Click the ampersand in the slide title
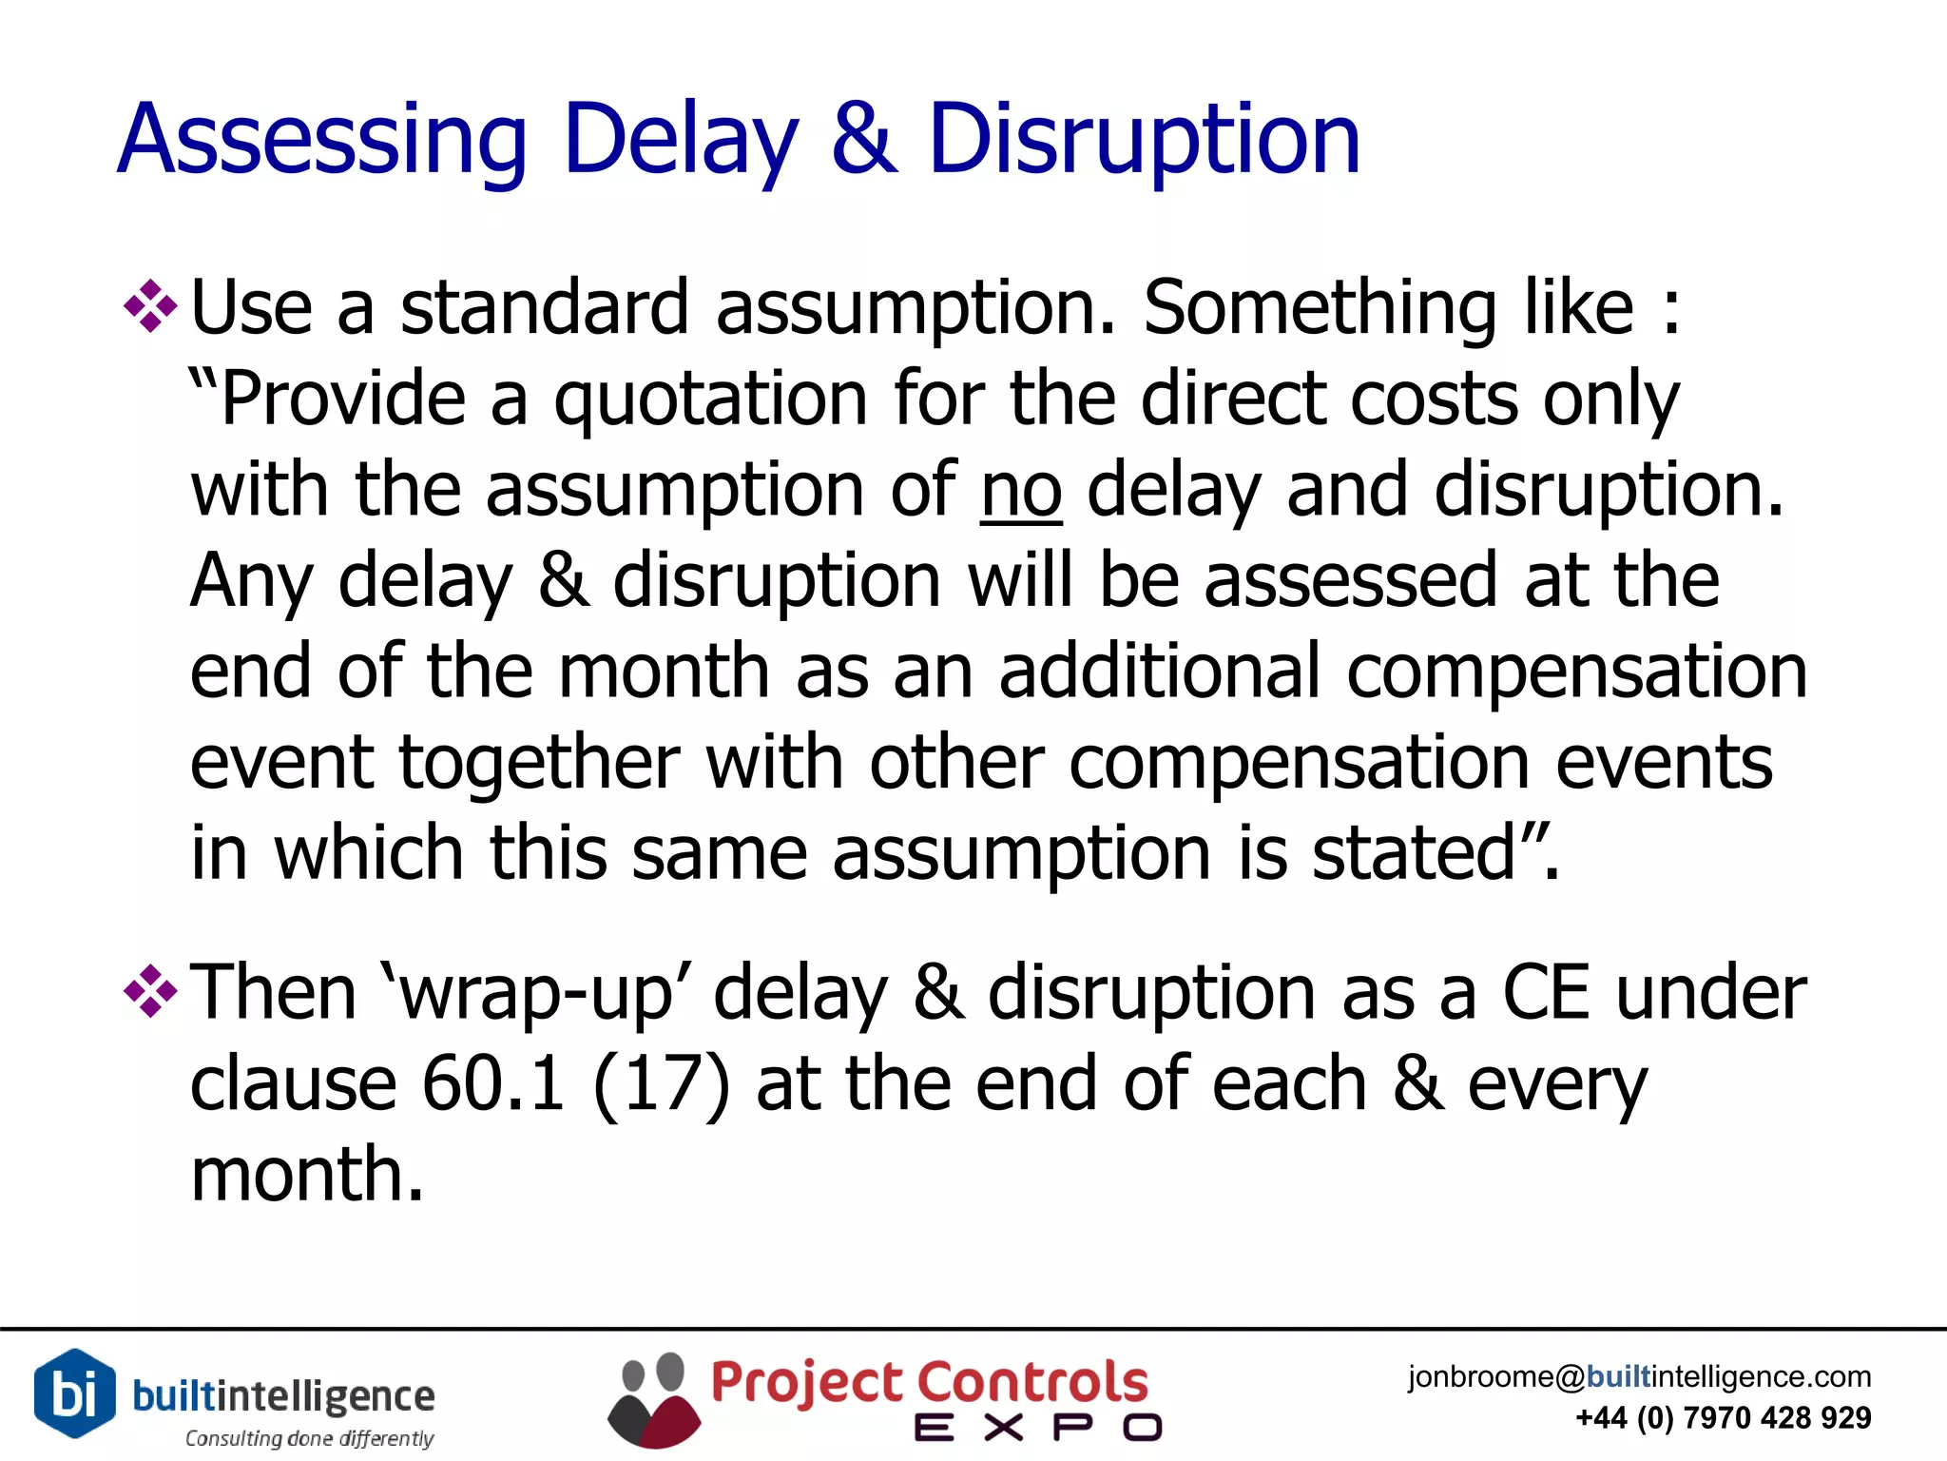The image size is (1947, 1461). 863,141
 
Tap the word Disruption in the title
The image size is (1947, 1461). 1144,141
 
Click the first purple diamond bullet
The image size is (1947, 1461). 150,306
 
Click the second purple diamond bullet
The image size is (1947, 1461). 150,992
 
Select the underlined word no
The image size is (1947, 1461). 1021,492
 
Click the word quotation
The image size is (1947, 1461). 710,400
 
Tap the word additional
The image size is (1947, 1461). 1160,672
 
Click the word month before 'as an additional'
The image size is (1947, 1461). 664,672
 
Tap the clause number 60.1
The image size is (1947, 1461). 493,1083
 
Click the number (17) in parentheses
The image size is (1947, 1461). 661,1083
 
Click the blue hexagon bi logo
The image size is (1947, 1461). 74,1393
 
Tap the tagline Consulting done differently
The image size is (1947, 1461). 309,1438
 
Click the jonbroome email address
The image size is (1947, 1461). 1639,1376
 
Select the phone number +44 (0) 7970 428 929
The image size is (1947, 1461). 1723,1418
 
